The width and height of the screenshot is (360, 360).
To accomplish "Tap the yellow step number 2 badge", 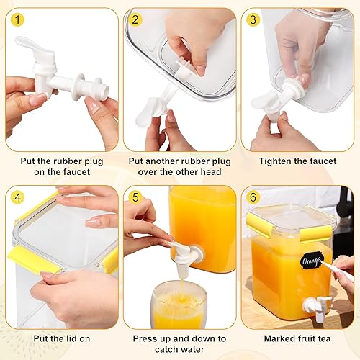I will (134, 19).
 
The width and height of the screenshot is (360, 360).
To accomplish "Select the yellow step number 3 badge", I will (252, 19).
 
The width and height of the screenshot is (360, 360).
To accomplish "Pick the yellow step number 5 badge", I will (134, 197).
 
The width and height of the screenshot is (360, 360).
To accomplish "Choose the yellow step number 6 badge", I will (252, 197).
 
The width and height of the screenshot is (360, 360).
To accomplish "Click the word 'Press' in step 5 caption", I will (146, 338).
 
